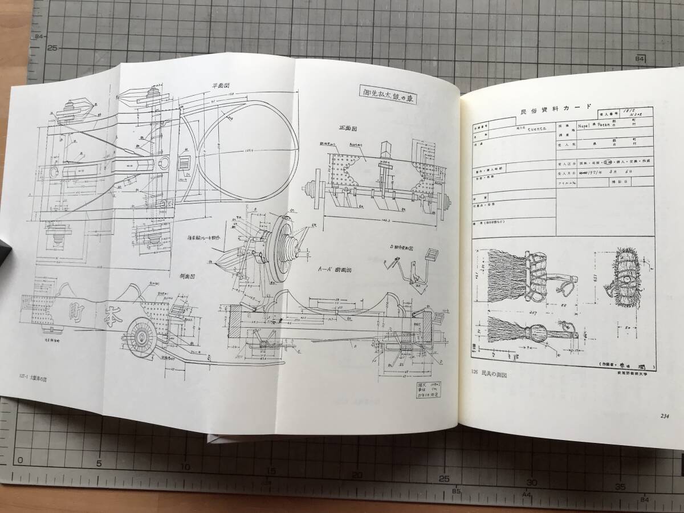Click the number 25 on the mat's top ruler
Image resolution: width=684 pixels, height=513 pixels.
tap(53, 48)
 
